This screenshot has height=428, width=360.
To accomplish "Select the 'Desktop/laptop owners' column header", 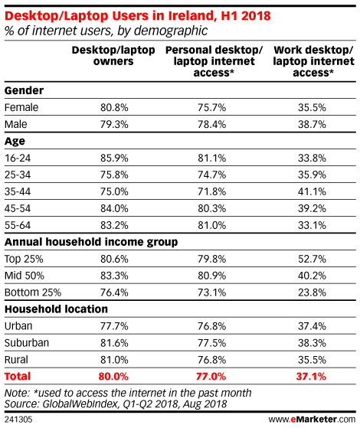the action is click(113, 56).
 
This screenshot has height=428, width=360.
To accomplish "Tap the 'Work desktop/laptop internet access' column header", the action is click(313, 61).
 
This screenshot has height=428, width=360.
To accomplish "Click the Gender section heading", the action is click(24, 90).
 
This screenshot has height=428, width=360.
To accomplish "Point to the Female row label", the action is click(21, 107).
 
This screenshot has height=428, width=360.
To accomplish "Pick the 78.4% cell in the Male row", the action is click(212, 125).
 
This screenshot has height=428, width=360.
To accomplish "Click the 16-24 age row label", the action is click(18, 158).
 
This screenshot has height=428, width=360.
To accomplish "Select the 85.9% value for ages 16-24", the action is click(114, 158).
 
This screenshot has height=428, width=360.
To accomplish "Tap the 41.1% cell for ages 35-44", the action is click(312, 191).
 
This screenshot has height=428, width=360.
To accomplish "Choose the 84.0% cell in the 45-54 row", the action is click(114, 208).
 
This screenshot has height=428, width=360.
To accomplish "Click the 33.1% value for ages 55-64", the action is click(312, 225).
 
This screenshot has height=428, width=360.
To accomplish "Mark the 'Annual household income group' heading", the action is click(91, 242).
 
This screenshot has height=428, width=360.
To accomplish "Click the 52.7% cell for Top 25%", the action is click(312, 259).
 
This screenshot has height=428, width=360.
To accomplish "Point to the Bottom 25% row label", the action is click(33, 292).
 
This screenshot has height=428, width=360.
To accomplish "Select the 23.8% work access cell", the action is click(312, 292).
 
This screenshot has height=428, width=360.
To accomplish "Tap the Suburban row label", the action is click(27, 343).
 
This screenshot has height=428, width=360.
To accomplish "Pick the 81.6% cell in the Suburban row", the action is click(114, 343).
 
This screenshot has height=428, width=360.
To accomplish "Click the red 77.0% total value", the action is click(211, 377).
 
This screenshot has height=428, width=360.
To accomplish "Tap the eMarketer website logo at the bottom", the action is click(312, 420).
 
